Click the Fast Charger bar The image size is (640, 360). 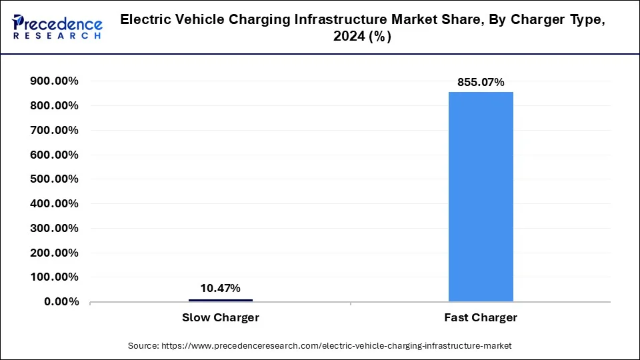pyautogui.click(x=481, y=197)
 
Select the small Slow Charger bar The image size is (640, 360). pyautogui.click(x=220, y=300)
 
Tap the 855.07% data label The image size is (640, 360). pyautogui.click(x=481, y=82)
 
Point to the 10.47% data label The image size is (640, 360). pyautogui.click(x=220, y=288)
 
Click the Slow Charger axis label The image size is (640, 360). pyautogui.click(x=220, y=318)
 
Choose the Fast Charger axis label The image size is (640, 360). pyautogui.click(x=481, y=318)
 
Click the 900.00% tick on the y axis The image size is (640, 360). pyautogui.click(x=54, y=81)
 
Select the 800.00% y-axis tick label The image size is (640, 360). pyautogui.click(x=54, y=106)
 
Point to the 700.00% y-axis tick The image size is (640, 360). pyautogui.click(x=54, y=131)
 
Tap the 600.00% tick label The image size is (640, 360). pyautogui.click(x=54, y=155)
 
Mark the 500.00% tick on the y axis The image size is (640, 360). pyautogui.click(x=54, y=179)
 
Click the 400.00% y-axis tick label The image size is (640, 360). pyautogui.click(x=54, y=204)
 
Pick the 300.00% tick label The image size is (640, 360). pyautogui.click(x=54, y=228)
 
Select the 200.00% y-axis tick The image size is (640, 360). pyautogui.click(x=54, y=253)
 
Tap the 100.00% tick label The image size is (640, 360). pyautogui.click(x=54, y=277)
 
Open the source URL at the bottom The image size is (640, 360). pyautogui.click(x=319, y=346)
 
